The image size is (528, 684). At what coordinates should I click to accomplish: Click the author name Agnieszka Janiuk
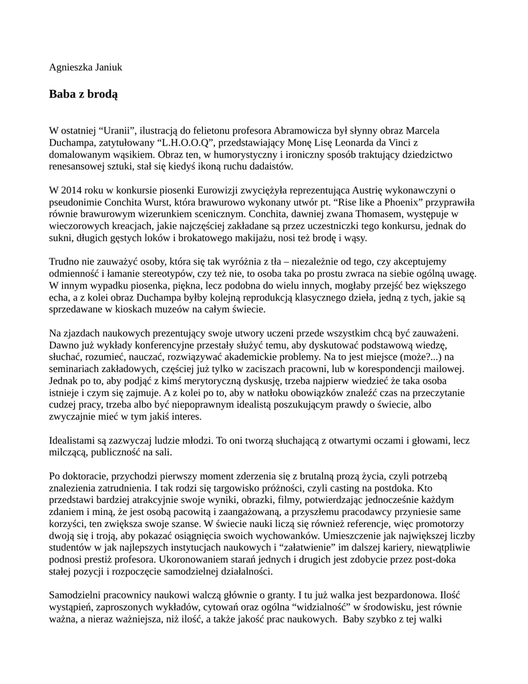85,67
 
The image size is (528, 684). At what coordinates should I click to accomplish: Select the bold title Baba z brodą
83,94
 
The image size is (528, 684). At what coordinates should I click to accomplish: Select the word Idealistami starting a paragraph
73,441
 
